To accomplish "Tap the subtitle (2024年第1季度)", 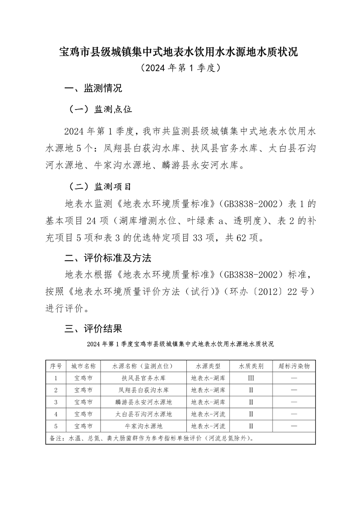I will (180, 69).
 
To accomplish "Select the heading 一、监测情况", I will (93, 88).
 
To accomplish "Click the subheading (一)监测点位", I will (100, 110).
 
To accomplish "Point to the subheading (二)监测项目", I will (100, 186).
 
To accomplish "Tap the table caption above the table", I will (180, 344).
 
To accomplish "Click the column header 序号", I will (56, 366).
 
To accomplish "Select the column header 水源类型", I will (208, 366).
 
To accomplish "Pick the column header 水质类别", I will (251, 366).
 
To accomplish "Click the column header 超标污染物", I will (294, 366).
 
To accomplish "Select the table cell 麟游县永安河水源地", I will (143, 401).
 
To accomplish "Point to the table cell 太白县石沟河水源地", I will (143, 414).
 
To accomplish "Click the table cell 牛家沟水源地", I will (143, 425).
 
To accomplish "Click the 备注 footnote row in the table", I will (153, 437).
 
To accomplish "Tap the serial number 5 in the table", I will (56, 425).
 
